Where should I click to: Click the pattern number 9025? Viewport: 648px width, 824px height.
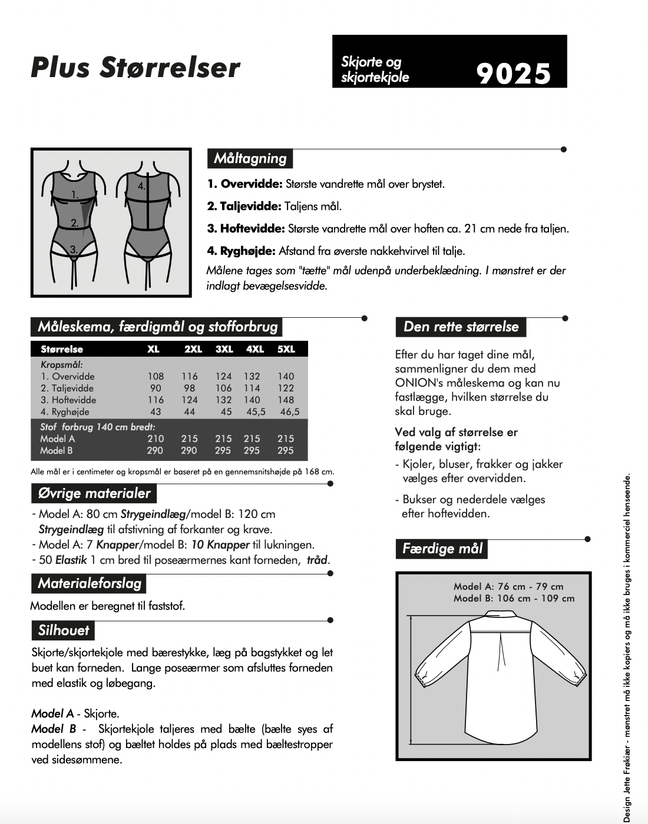coord(513,74)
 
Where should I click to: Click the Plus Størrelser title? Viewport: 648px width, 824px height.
coord(135,67)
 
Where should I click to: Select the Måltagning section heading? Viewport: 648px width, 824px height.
coord(250,158)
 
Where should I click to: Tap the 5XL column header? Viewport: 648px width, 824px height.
coord(286,349)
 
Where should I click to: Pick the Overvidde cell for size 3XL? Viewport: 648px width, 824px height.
coord(224,376)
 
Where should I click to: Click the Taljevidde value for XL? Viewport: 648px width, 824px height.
coord(156,388)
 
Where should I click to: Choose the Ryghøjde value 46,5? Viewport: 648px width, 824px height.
coord(289,411)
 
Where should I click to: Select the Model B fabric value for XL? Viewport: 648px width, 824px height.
coord(155,450)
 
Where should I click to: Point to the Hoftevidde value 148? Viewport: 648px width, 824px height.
coord(286,400)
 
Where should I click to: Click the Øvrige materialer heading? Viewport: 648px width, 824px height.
coord(94,493)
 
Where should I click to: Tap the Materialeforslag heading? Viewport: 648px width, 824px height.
coord(90,583)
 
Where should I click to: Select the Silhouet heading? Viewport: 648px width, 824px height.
coord(63,630)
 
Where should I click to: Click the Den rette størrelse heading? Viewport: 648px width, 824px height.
coord(461,327)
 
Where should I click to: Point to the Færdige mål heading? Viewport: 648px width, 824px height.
coord(442,549)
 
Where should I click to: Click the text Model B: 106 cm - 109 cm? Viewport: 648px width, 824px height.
coord(514,599)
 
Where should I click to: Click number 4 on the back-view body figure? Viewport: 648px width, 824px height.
coord(141,186)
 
